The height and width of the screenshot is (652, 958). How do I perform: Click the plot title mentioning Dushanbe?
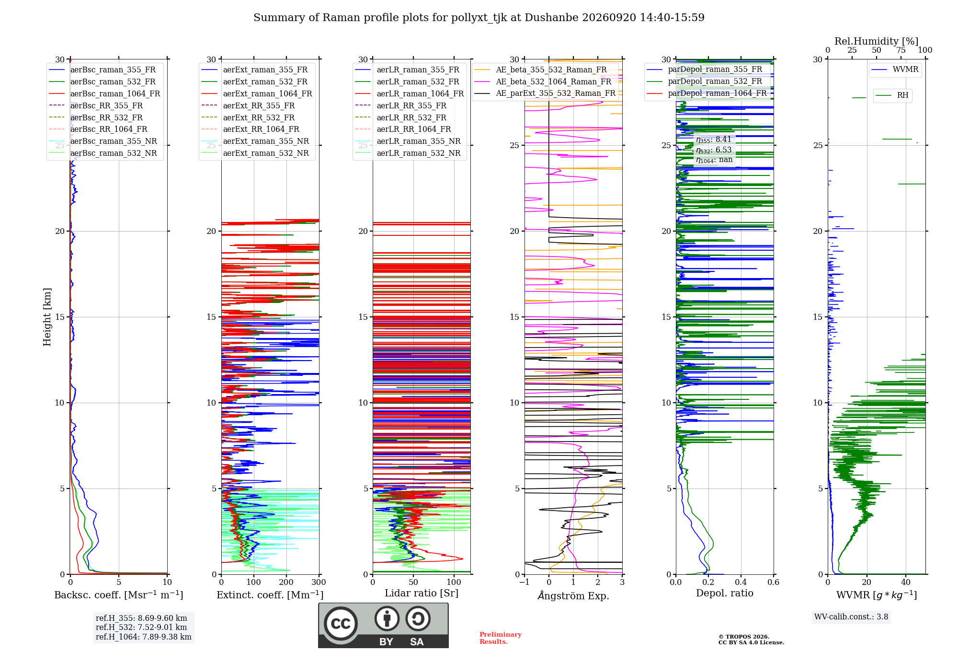[x=479, y=18]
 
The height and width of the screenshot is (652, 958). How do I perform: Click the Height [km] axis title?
[x=47, y=317]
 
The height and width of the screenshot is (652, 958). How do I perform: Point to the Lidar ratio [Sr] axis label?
[x=422, y=593]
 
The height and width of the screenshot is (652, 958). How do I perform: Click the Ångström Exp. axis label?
[x=573, y=595]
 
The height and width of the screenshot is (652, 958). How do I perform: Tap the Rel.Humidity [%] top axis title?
[x=877, y=41]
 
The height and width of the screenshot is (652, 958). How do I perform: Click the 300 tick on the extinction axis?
[x=319, y=582]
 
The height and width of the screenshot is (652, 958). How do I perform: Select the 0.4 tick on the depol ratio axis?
[x=741, y=582]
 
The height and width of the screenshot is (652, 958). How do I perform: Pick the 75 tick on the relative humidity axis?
[x=901, y=50]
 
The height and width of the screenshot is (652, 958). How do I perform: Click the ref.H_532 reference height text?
[x=141, y=627]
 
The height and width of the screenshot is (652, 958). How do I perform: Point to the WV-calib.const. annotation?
[x=851, y=617]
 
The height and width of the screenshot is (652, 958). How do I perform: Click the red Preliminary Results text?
[x=501, y=638]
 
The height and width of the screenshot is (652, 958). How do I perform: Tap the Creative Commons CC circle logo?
[x=341, y=624]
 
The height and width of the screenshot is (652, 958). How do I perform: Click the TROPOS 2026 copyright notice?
[x=751, y=640]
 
